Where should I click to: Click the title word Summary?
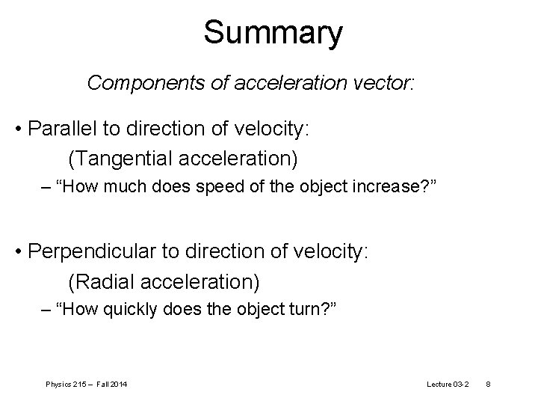273,33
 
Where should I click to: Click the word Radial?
99,281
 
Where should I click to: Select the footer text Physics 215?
66,385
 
